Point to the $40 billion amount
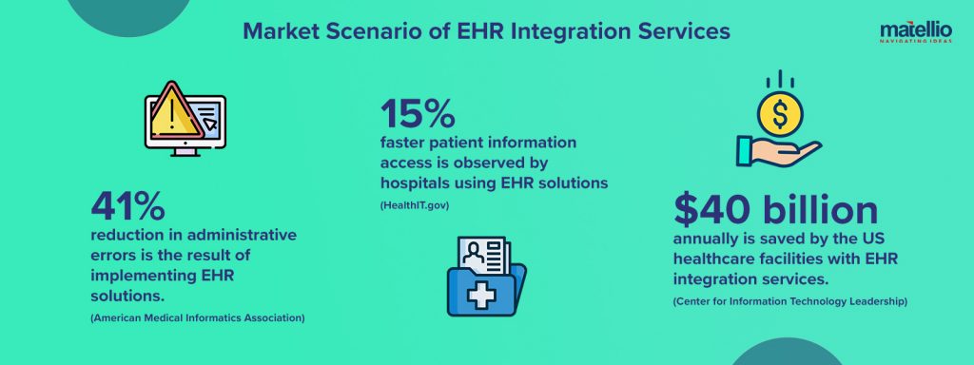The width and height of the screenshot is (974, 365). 775,210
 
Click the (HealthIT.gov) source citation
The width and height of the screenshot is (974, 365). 416,204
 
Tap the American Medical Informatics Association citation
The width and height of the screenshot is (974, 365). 197,317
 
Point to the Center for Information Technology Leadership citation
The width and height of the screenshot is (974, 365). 789,301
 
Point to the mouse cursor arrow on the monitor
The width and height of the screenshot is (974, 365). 209,124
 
